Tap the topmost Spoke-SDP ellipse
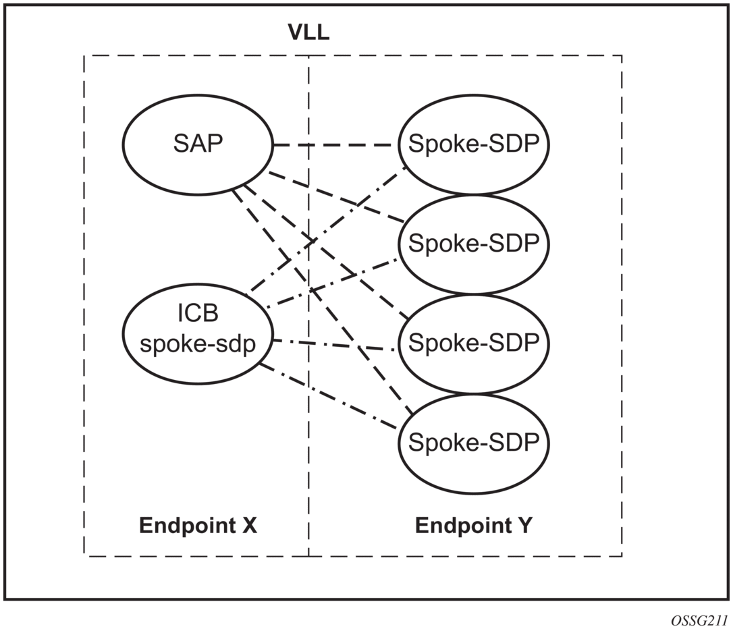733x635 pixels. (x=472, y=145)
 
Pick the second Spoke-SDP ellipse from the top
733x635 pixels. (x=472, y=244)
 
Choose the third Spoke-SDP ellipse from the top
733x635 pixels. (x=472, y=343)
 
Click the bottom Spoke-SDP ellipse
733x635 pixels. (x=472, y=443)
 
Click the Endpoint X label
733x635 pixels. (x=198, y=526)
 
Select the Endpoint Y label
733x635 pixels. (x=473, y=526)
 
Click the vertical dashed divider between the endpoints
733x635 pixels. (x=309, y=472)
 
